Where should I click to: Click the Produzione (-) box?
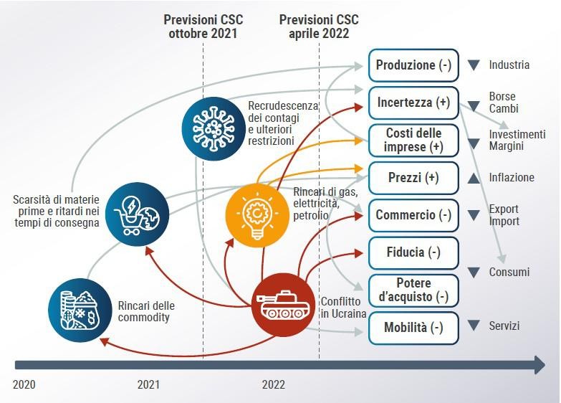point(413,65)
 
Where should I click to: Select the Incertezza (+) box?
point(413,103)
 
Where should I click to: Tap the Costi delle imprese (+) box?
point(413,141)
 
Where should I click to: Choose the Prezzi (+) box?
point(413,178)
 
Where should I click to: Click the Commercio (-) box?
point(413,215)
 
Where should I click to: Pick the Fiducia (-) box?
point(413,253)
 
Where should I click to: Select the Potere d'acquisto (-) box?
point(413,290)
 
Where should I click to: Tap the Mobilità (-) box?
point(413,328)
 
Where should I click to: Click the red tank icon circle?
point(283,305)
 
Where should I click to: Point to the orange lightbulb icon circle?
point(257,215)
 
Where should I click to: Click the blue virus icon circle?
point(214,129)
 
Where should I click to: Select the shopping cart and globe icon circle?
point(137,214)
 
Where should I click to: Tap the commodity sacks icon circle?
point(80,310)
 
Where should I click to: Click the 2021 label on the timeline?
point(148,385)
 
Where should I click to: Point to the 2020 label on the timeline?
point(24,385)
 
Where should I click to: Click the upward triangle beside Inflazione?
point(474,179)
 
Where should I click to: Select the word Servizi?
point(504,326)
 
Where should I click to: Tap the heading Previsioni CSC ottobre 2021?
point(203,27)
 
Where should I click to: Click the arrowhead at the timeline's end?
point(540,366)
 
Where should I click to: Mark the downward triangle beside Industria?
point(474,65)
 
